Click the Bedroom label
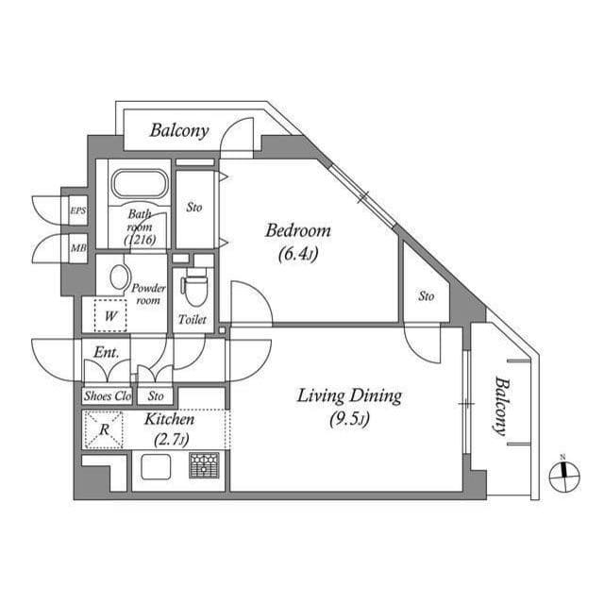pyautogui.click(x=297, y=230)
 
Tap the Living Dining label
pyautogui.click(x=349, y=395)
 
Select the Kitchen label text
pyautogui.click(x=170, y=419)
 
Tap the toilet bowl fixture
pyautogui.click(x=195, y=287)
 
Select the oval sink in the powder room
pyautogui.click(x=120, y=277)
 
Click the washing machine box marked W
pyautogui.click(x=110, y=316)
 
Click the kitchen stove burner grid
pyautogui.click(x=204, y=465)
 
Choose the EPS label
pyautogui.click(x=77, y=210)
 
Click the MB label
pyautogui.click(x=77, y=249)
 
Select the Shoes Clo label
pyautogui.click(x=108, y=396)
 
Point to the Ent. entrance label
pyautogui.click(x=105, y=354)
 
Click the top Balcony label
pyautogui.click(x=179, y=131)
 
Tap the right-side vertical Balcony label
pyautogui.click(x=500, y=406)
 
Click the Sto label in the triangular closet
pyautogui.click(x=427, y=296)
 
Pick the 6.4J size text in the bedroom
pyautogui.click(x=297, y=254)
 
